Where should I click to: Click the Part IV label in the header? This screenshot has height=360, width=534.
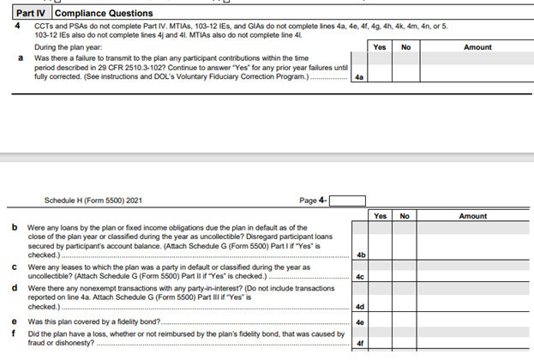[x=33, y=14]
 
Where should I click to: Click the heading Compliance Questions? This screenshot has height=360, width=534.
[x=105, y=14]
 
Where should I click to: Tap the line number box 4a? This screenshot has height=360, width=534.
[x=359, y=77]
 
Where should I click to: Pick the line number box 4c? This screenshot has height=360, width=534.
[x=361, y=277]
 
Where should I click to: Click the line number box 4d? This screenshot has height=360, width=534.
[x=361, y=306]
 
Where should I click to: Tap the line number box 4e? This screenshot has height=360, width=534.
[x=361, y=322]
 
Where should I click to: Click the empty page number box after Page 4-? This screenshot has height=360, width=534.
[x=347, y=201]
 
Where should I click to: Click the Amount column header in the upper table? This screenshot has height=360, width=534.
[x=477, y=47]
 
